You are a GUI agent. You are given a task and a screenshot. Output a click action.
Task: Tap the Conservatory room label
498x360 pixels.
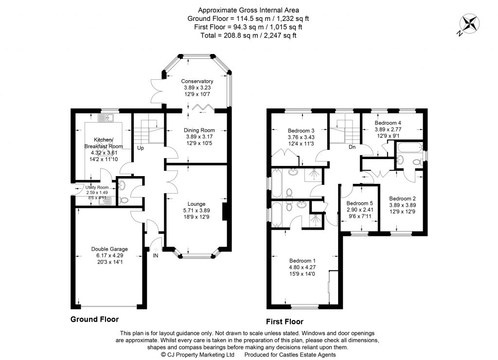pyautogui.click(x=197, y=81)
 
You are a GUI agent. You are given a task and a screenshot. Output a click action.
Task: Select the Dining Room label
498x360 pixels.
pyautogui.click(x=199, y=130)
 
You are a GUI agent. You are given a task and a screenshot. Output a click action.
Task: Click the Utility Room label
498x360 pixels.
pyautogui.click(x=97, y=187)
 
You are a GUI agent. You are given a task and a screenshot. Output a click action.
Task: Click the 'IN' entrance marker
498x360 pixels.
pyautogui.click(x=155, y=255)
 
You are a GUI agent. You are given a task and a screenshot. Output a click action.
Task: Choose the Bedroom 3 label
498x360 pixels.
pyautogui.click(x=302, y=130)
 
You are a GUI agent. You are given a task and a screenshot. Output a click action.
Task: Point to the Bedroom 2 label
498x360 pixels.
pyautogui.click(x=403, y=198)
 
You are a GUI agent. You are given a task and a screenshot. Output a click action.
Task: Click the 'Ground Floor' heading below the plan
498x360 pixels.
pyautogui.click(x=94, y=320)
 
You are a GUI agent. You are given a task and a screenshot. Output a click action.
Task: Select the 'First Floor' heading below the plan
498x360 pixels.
pyautogui.click(x=285, y=322)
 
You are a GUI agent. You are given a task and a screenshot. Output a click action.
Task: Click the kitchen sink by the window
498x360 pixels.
pyautogui.click(x=107, y=117)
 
